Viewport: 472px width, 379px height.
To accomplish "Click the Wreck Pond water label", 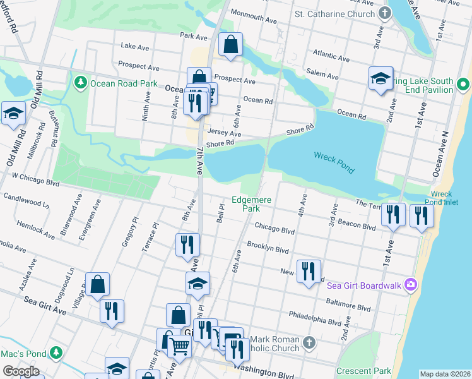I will (x=334, y=163).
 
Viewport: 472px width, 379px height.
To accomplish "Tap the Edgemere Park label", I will (x=251, y=204).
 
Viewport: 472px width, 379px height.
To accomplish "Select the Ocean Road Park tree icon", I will (x=81, y=82).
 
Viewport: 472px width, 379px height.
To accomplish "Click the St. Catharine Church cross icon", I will (x=385, y=13).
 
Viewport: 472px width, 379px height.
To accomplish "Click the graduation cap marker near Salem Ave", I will (x=381, y=79).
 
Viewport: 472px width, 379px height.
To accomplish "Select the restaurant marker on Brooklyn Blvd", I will (x=187, y=244).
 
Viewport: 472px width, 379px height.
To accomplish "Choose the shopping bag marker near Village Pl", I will (x=98, y=285).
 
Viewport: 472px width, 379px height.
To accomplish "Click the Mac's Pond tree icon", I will (x=56, y=352).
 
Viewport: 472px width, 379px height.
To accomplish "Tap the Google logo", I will (x=20, y=371).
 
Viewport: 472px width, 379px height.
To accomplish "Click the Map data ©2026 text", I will (x=445, y=374).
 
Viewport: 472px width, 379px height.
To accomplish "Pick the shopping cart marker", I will (x=180, y=346).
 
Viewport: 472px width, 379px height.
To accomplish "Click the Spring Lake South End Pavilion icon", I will (x=463, y=84).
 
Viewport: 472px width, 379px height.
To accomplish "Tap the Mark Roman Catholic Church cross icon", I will (x=308, y=342).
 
